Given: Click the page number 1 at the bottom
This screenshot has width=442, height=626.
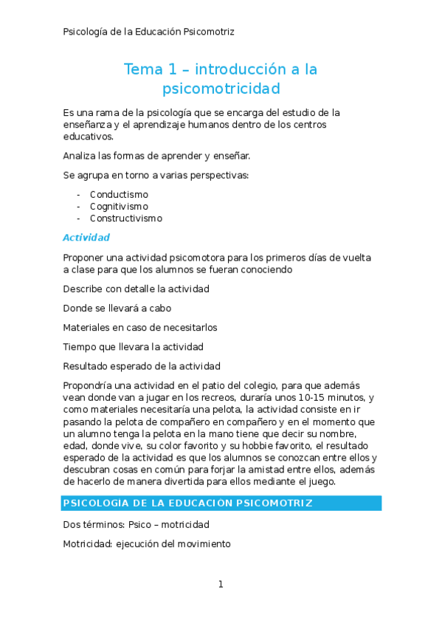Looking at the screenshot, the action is tap(220, 585).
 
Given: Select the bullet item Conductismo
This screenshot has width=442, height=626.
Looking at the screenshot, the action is tap(119, 195).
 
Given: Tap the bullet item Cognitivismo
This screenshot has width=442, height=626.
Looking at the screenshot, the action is tap(119, 207).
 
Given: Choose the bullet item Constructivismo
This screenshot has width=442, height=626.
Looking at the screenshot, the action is tap(126, 219).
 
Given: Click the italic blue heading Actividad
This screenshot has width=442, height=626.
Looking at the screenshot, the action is tap(86, 238).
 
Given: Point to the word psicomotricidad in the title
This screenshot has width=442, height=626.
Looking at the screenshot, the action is tap(221, 89).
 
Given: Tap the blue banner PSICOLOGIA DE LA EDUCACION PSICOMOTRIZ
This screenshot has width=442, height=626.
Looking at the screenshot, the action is tap(188, 503).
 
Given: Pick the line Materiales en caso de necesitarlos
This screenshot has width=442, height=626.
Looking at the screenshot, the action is tap(140, 327).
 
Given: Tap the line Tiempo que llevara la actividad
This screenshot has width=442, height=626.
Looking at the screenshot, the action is tap(134, 346).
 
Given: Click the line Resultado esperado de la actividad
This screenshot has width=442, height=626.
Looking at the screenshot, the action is tap(142, 365).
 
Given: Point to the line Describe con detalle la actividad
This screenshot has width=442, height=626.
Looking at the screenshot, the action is tap(137, 289).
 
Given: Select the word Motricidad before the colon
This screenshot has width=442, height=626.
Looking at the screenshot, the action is tap(87, 544).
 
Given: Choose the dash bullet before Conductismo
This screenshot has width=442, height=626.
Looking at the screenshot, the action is tap(78, 195).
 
